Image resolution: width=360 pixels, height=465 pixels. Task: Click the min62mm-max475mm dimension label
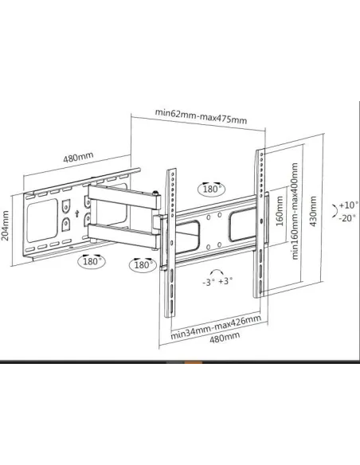tap(201, 120)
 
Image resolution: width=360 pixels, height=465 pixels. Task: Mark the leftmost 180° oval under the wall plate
tap(93, 260)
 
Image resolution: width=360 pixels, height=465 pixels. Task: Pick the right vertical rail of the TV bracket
tap(260, 223)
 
